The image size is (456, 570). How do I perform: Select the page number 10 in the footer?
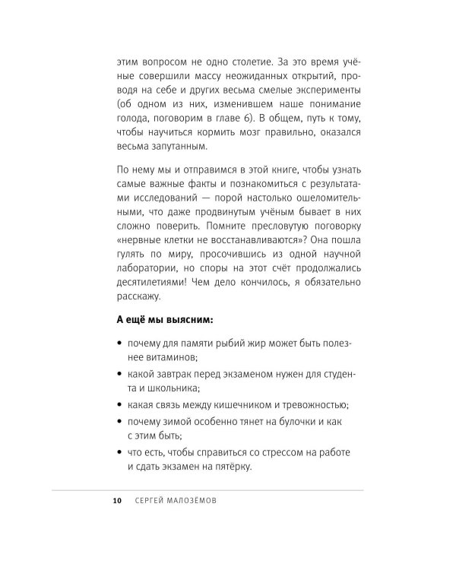116,503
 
